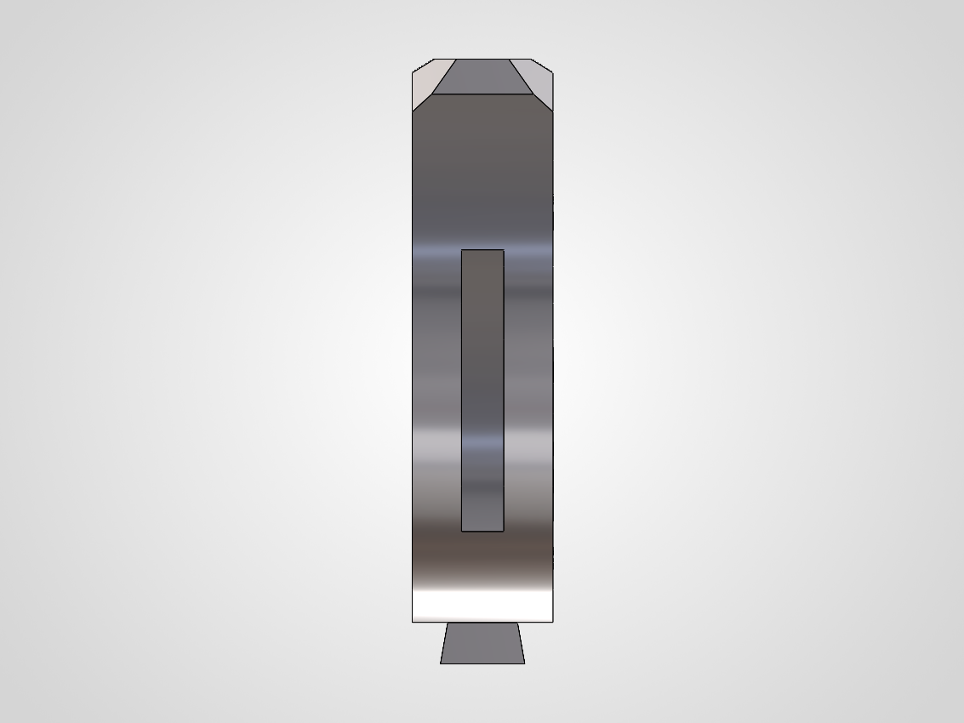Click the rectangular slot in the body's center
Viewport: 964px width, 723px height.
[482, 390]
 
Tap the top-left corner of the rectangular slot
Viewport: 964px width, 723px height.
[462, 250]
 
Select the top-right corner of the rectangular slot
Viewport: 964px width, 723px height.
[504, 250]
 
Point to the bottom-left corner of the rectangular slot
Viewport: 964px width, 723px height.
[462, 532]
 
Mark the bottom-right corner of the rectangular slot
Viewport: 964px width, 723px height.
[504, 532]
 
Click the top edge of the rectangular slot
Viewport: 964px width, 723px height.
[482, 250]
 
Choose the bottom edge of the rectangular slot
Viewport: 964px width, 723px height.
[482, 532]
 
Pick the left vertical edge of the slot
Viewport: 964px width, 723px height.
[462, 390]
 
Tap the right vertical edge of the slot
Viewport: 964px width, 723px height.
[504, 390]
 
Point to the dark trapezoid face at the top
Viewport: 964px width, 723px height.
[482, 76]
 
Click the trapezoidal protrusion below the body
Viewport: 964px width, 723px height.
[482, 643]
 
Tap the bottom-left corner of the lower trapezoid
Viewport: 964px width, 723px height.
[440, 663]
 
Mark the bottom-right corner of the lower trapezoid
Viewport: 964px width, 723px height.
[525, 663]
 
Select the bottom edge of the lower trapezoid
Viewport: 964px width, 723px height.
[482, 663]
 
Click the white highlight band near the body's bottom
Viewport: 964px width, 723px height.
[482, 606]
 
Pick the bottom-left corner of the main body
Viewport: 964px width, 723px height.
[413, 622]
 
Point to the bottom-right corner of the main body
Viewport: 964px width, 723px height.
[553, 622]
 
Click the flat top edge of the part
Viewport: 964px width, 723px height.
[482, 59]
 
